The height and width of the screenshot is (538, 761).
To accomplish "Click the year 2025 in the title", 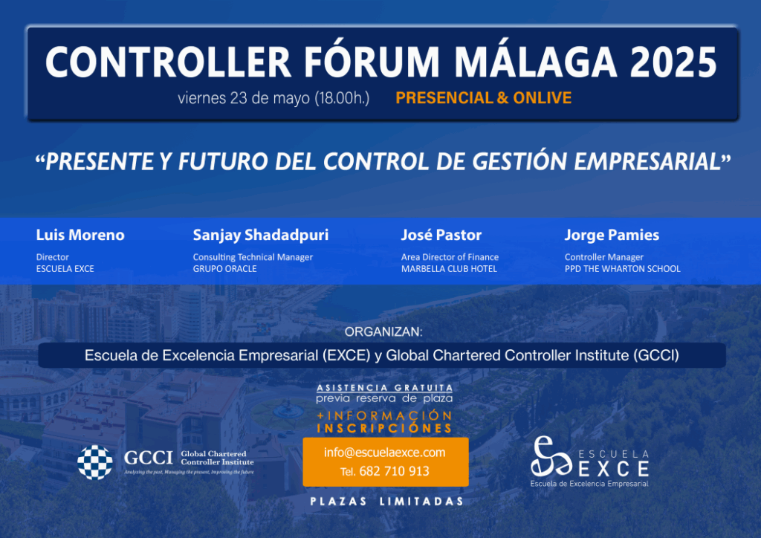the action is pos(673,62).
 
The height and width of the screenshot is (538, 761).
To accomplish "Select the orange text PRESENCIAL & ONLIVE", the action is pos(483,98).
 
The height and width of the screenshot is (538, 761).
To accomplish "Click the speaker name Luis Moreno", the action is pos(80,235).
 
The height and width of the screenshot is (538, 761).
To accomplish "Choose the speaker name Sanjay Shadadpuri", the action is pos(261,236).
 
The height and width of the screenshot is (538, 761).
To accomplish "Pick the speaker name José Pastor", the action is pos(441,235).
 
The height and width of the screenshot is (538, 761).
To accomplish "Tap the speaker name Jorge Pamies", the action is pos(612,236).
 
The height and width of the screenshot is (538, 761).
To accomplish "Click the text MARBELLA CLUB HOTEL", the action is pos(449,269).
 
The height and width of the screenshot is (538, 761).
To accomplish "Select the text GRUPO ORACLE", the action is pos(224,269).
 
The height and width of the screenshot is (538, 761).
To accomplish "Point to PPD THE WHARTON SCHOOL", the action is pos(622,269).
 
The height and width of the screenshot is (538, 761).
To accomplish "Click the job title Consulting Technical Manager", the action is pos(253,257).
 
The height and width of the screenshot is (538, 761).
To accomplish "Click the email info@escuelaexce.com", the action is pos(385,453).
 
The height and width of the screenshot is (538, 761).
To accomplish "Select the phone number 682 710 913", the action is pos(394,471).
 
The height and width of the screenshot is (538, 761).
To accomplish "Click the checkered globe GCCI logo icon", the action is pos(95,462).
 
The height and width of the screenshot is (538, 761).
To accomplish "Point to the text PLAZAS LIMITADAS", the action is pos(386,502).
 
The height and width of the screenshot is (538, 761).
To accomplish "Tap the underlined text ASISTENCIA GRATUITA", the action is pos(384,388).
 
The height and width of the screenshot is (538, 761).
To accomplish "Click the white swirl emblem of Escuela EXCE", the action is pos(551,456).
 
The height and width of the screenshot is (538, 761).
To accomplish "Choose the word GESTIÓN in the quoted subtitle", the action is pos(519,161).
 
